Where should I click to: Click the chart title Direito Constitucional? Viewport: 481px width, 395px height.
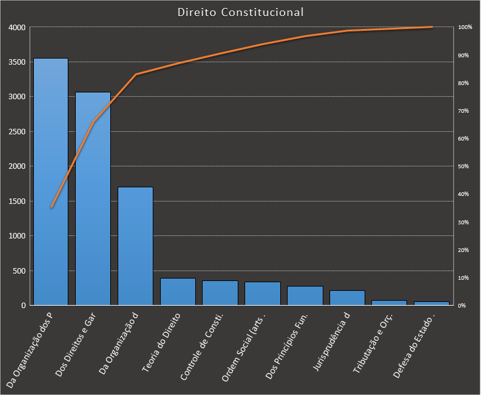pos(240,12)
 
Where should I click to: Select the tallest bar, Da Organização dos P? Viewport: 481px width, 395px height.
pos(51,185)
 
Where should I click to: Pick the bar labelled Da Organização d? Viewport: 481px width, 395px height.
pos(135,246)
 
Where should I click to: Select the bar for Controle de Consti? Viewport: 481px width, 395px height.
pos(220,293)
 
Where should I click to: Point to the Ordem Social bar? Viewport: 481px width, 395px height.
pos(262,294)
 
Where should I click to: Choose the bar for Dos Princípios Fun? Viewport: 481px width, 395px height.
pos(304,296)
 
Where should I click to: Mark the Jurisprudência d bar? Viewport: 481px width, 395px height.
pos(347,298)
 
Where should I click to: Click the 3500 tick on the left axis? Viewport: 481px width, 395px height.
pos(17,62)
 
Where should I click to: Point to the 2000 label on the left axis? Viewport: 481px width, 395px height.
pos(17,166)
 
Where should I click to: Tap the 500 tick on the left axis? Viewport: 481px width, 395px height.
pos(18,271)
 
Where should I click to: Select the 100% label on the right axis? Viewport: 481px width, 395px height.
pos(465,28)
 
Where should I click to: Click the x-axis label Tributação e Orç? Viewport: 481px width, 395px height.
pos(373,343)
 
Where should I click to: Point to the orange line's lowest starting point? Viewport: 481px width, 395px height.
pos(51,208)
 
